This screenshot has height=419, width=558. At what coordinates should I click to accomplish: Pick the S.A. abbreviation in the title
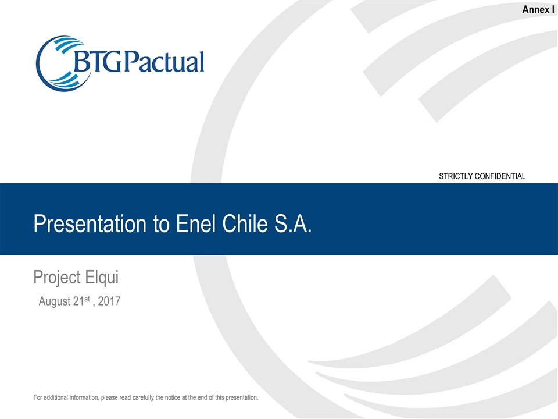[x=296, y=223]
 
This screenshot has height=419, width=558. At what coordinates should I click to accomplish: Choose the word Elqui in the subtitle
[x=102, y=278]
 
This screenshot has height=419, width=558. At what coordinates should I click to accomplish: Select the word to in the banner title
[x=162, y=223]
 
